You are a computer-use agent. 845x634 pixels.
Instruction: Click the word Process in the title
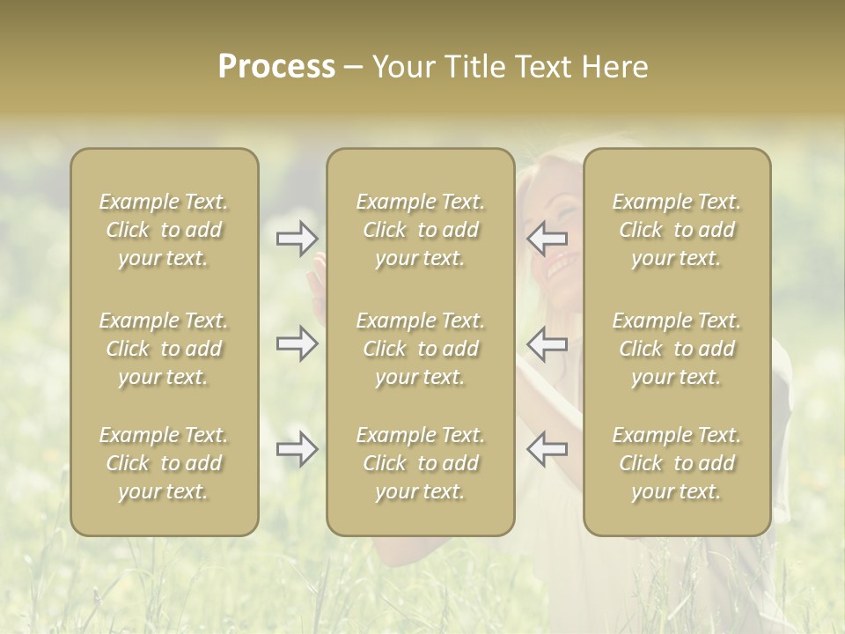coord(276,67)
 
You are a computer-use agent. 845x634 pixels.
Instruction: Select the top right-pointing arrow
coord(297,238)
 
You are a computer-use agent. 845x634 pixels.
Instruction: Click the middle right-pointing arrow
coord(297,343)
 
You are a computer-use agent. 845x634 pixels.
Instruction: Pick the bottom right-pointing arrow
coord(297,449)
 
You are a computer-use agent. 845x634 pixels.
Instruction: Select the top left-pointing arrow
coord(547,238)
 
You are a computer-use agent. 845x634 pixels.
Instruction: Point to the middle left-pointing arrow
coord(547,343)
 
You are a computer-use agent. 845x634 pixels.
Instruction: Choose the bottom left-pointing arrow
coord(547,449)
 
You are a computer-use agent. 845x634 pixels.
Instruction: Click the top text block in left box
coord(164,230)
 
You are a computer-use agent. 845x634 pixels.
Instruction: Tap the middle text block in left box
coord(164,349)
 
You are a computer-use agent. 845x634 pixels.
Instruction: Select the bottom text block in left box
coord(164,463)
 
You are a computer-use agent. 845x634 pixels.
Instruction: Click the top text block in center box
coord(421,230)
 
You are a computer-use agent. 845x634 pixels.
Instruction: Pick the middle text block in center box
coord(421,349)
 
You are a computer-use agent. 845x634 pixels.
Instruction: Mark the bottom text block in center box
coord(421,463)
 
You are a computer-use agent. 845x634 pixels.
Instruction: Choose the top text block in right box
coord(677,230)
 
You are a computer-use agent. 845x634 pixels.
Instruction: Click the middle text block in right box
coord(677,349)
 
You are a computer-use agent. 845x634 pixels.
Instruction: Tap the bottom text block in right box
coord(677,463)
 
